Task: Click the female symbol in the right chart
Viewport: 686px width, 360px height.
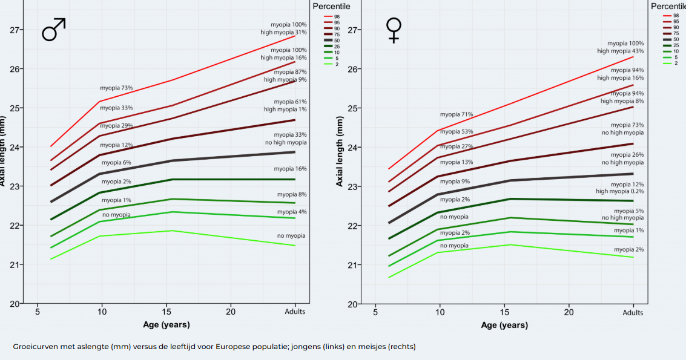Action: click(394, 30)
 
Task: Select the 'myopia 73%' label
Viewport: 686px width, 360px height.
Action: click(116, 88)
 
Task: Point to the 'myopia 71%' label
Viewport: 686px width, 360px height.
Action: click(457, 114)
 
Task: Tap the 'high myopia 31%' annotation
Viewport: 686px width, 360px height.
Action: click(283, 32)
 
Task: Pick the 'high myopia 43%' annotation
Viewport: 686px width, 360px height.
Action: click(620, 51)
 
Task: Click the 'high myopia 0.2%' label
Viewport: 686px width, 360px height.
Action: click(619, 191)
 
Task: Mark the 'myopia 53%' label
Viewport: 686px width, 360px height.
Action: click(457, 131)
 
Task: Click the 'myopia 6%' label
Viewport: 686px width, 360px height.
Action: click(116, 163)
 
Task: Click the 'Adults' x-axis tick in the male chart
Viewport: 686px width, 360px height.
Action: click(295, 312)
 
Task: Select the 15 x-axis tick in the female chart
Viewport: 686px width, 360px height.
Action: click(504, 312)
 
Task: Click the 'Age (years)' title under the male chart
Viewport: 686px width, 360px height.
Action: click(166, 325)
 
